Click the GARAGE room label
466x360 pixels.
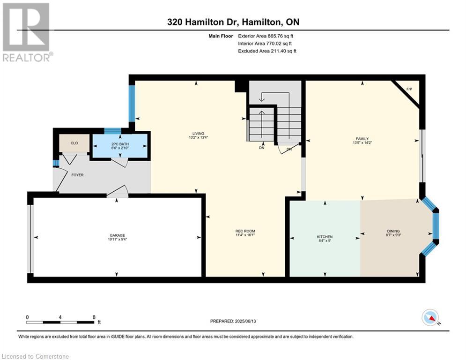[117, 235]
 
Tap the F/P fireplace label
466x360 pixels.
[409, 89]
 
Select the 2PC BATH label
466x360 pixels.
[120, 144]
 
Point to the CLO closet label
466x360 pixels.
[74, 143]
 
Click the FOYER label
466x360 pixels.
[77, 175]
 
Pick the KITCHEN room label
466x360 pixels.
[325, 237]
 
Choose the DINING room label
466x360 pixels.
[393, 231]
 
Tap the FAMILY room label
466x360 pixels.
[362, 139]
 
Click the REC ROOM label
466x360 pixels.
[245, 231]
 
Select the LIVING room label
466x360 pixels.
[198, 134]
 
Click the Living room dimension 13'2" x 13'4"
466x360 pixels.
[198, 137]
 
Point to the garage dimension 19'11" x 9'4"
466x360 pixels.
[117, 239]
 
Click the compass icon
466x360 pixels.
[430, 317]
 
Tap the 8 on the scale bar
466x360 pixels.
[94, 317]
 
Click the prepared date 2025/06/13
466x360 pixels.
[245, 321]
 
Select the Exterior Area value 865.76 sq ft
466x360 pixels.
[281, 36]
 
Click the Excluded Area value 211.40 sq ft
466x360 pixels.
[283, 51]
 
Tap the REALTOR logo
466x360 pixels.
[26, 32]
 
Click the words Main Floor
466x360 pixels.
[221, 36]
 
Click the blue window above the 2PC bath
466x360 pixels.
[113, 131]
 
